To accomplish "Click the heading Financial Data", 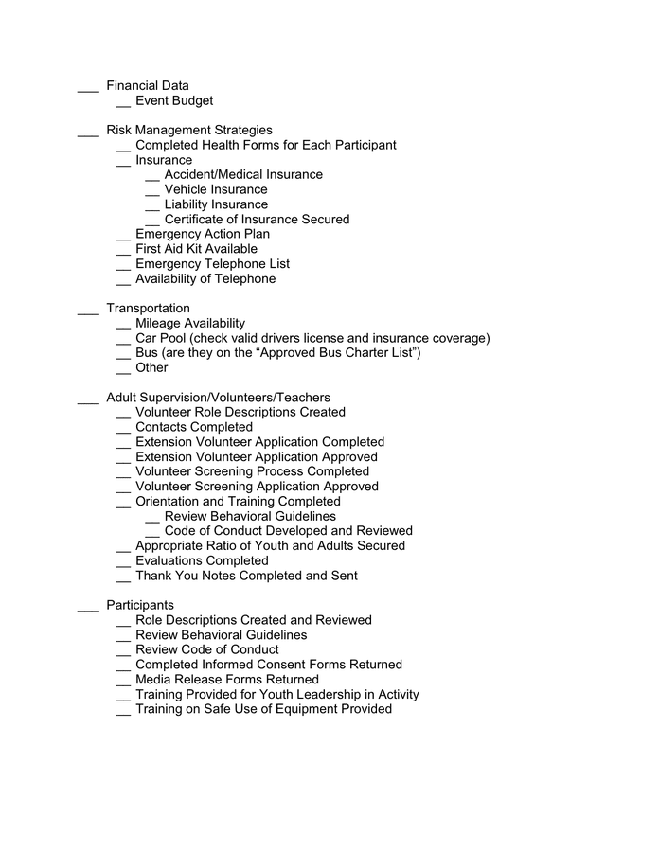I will click(x=147, y=86).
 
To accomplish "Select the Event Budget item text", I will click(x=174, y=101).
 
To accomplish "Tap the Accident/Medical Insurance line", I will click(x=243, y=175).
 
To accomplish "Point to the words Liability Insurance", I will click(x=216, y=204).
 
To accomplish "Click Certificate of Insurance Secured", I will click(x=257, y=220).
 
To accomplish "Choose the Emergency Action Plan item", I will click(x=202, y=234).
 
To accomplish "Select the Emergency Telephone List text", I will click(x=212, y=264).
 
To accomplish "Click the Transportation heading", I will click(x=148, y=309).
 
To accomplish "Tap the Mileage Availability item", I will click(x=189, y=324).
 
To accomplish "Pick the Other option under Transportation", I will click(x=151, y=368).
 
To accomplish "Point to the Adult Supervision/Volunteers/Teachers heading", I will click(x=218, y=398).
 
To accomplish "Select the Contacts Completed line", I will click(x=194, y=427).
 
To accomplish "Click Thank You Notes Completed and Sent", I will click(x=246, y=576).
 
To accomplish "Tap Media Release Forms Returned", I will click(x=227, y=680).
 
